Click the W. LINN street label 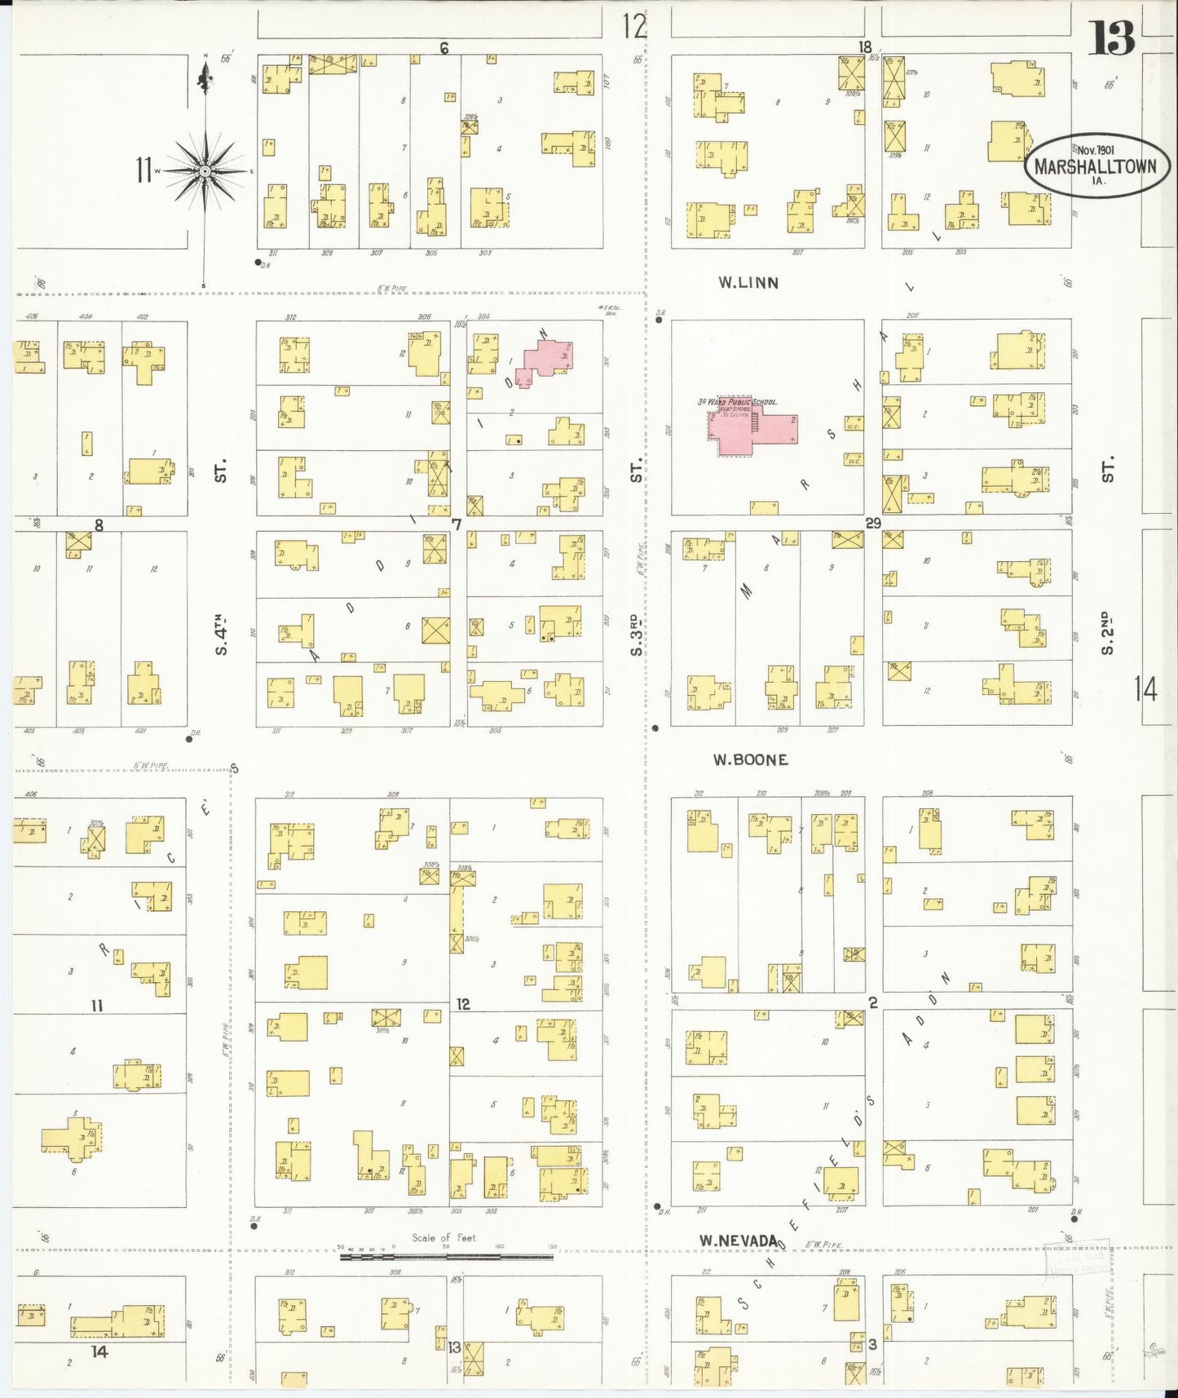coord(748,283)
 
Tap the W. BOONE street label coord(750,760)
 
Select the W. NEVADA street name coord(738,1241)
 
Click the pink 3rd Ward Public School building coord(750,427)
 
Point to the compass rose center coord(205,170)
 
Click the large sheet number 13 coord(1112,38)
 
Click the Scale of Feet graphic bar coord(446,1257)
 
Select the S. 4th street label coord(220,636)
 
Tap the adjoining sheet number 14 coord(1145,690)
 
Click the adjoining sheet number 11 coord(144,170)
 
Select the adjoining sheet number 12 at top coord(634,26)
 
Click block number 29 coord(872,523)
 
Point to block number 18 coord(864,46)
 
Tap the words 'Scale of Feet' coord(443,1237)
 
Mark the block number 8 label coord(99,525)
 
